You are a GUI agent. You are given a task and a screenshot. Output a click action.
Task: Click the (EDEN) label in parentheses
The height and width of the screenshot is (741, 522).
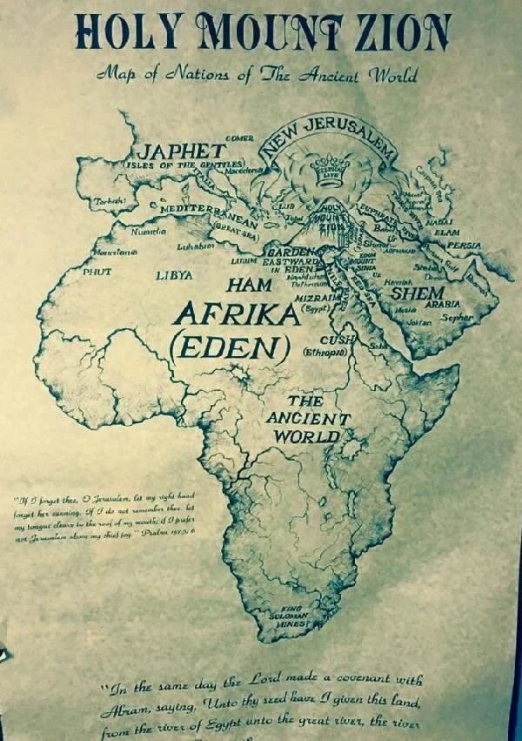(230, 348)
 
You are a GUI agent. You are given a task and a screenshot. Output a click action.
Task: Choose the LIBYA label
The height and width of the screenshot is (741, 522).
(175, 275)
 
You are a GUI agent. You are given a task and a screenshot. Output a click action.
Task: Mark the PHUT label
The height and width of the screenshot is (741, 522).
(97, 272)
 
